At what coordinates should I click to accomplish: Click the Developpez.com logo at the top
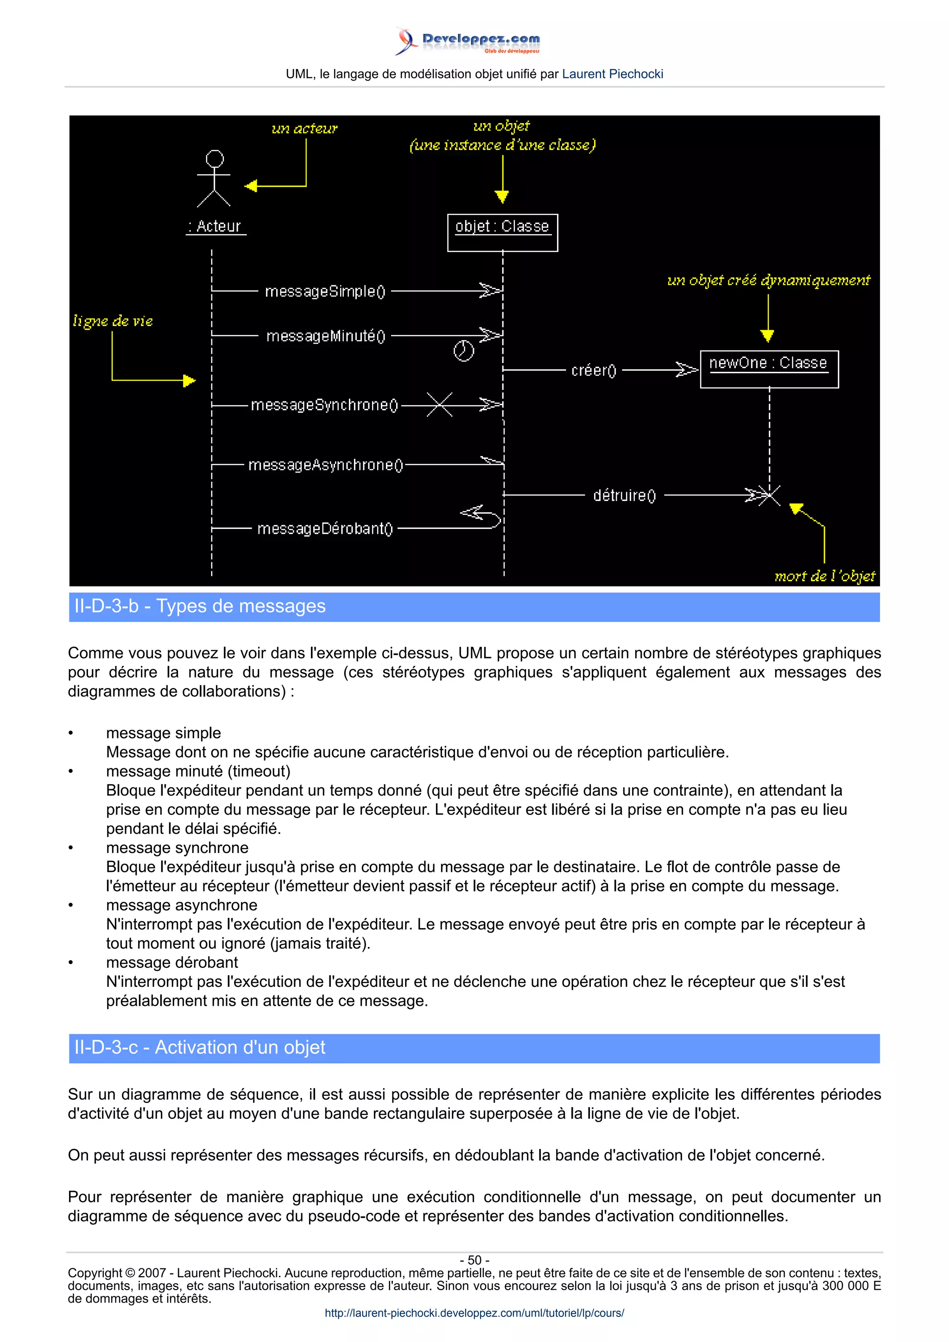(468, 41)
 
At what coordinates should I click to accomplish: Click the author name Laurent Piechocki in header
(612, 74)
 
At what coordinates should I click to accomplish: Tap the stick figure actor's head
(215, 158)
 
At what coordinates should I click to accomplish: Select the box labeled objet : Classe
(502, 232)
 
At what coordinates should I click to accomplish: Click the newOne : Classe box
(768, 369)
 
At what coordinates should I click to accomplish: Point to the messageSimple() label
(325, 291)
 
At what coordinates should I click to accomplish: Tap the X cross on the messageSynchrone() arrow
(439, 404)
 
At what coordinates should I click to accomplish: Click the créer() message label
(594, 370)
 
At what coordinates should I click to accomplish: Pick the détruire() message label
(625, 495)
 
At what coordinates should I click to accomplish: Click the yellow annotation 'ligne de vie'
(113, 321)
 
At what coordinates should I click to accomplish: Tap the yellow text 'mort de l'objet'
(824, 577)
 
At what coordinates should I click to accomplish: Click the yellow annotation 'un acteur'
(304, 129)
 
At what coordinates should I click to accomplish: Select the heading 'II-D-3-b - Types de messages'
(200, 606)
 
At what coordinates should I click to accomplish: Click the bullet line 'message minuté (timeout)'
(198, 771)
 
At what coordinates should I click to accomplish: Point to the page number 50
(474, 1260)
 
